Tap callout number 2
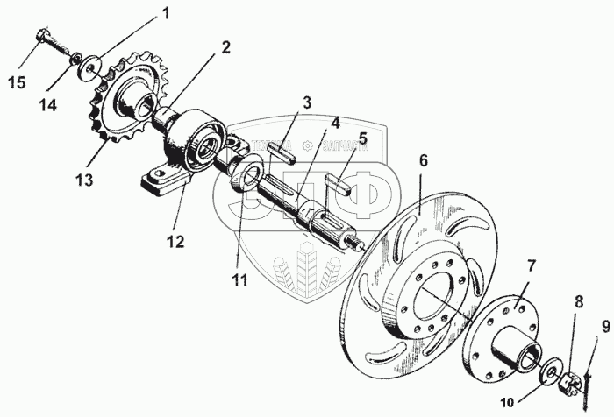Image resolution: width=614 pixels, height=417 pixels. tap(225, 47)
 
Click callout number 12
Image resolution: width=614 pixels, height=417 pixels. tap(178, 241)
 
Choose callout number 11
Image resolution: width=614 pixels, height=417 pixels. tap(239, 280)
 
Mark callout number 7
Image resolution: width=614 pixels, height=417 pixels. tap(531, 264)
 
